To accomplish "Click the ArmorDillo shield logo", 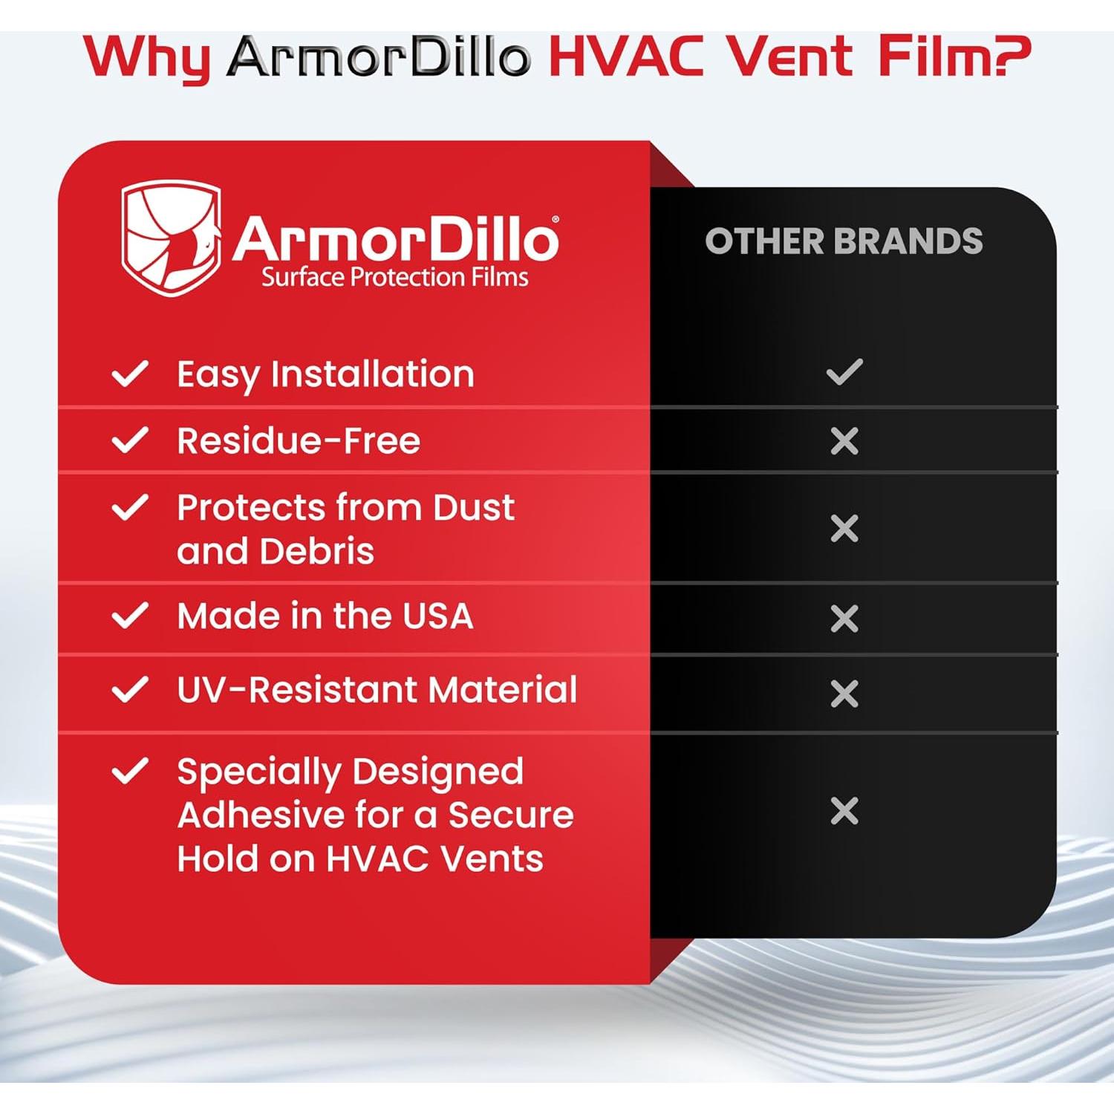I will click(x=172, y=238).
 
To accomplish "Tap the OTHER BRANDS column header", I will click(x=844, y=241).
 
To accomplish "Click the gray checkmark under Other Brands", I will click(x=844, y=371).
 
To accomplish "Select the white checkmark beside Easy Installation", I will click(x=130, y=374).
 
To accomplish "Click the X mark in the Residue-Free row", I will click(x=844, y=441).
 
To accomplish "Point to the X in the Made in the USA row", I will click(x=844, y=619).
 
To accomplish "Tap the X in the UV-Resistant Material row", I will click(x=844, y=694).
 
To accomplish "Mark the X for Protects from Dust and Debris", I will click(x=844, y=529).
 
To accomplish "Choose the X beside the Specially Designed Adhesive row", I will click(x=844, y=811).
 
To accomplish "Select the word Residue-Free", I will click(x=299, y=441).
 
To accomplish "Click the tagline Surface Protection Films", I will click(x=394, y=278).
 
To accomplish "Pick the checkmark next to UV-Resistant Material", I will click(x=130, y=690).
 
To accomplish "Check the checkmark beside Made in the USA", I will click(x=130, y=616).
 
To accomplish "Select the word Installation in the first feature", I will click(x=372, y=374).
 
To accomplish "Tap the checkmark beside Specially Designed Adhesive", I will click(x=130, y=771).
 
